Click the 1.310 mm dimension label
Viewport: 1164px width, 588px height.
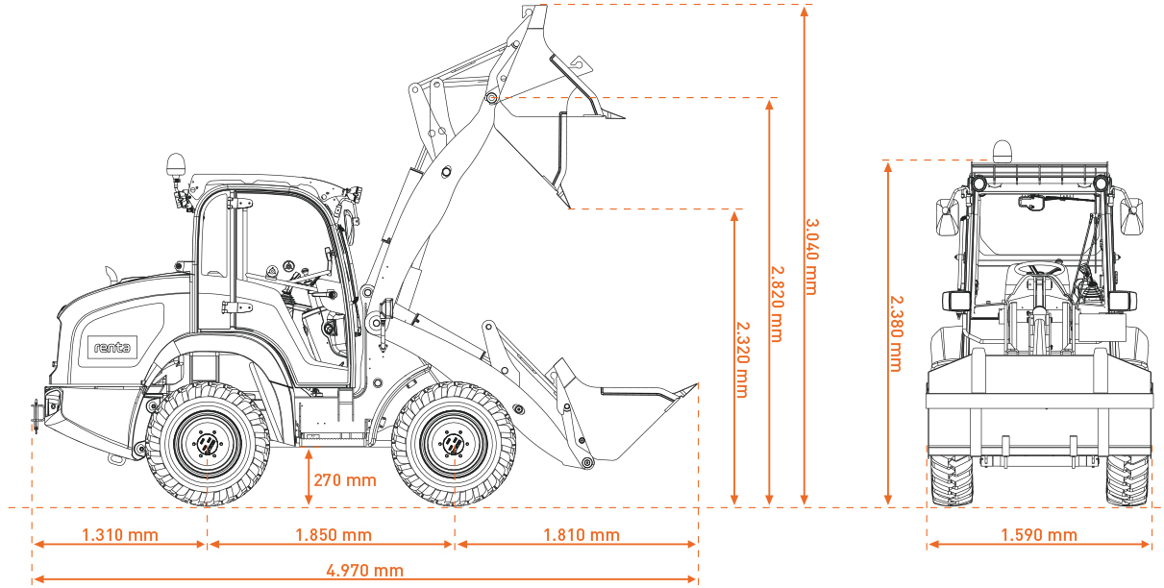pyautogui.click(x=120, y=535)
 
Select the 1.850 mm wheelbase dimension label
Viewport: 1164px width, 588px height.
pyautogui.click(x=333, y=535)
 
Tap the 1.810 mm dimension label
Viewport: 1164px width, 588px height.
pyautogui.click(x=582, y=535)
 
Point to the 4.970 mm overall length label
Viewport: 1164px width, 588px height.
pyautogui.click(x=365, y=571)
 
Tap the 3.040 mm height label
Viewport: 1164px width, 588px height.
pyautogui.click(x=810, y=256)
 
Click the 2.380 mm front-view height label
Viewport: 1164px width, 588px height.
pyautogui.click(x=894, y=331)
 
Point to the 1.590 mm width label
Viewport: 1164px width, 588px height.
pyautogui.click(x=1039, y=535)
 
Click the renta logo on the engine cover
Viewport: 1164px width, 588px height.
pyautogui.click(x=112, y=346)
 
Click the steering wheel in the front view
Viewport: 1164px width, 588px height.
pyautogui.click(x=1038, y=270)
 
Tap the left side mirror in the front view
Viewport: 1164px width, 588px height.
pyautogui.click(x=947, y=217)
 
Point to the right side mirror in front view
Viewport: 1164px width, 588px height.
pyautogui.click(x=1132, y=217)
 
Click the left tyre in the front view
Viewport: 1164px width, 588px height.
pyautogui.click(x=950, y=479)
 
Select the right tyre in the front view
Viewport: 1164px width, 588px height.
pyautogui.click(x=1127, y=479)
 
